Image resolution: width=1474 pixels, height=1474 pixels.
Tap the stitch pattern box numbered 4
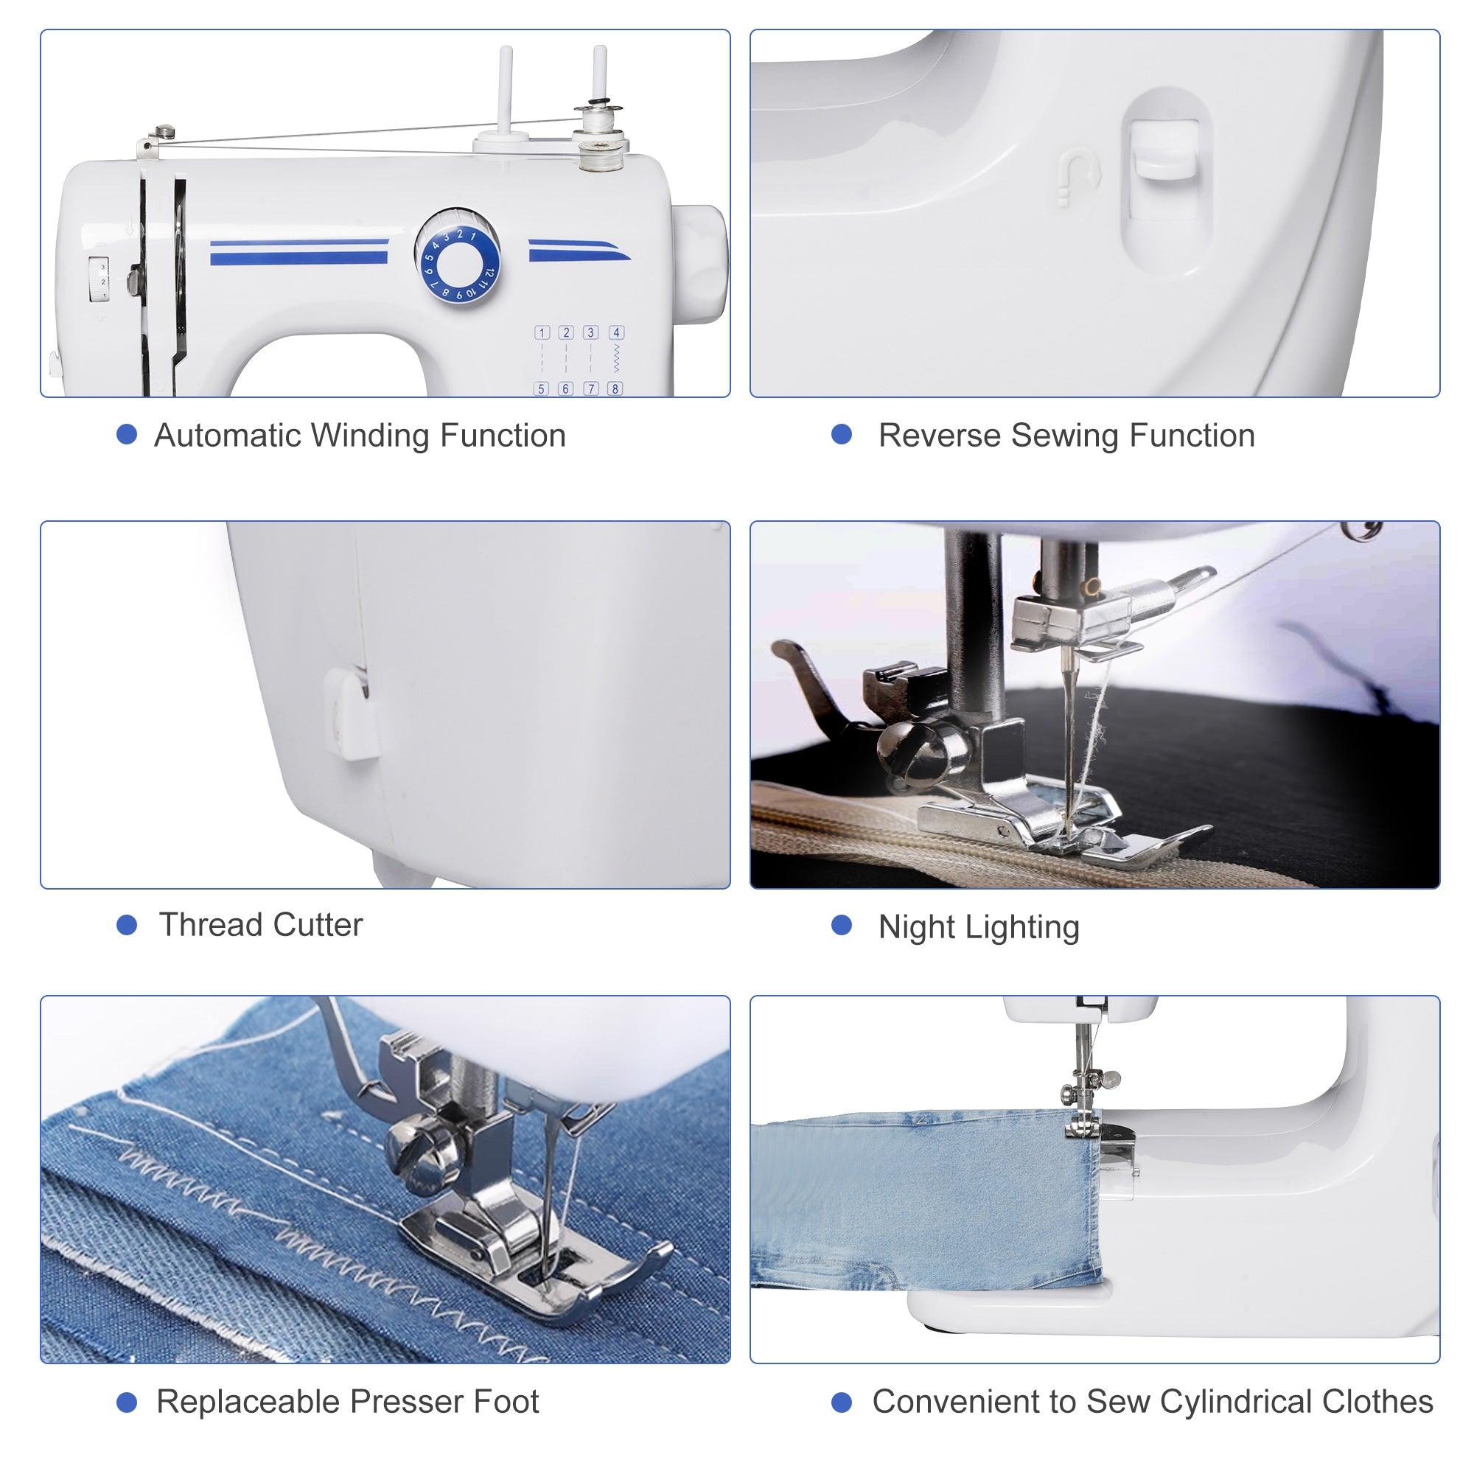615,332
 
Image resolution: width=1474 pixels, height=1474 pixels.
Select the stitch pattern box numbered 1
542,332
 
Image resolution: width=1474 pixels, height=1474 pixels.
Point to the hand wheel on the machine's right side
703,259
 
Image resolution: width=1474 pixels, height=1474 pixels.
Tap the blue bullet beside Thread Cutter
127,926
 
